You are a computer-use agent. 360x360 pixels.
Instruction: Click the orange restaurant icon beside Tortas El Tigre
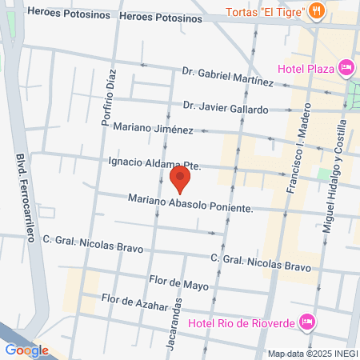pyautogui.click(x=318, y=10)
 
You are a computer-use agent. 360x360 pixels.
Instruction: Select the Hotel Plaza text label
pyautogui.click(x=305, y=68)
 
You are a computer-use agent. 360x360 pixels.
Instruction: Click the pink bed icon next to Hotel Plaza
pyautogui.click(x=346, y=67)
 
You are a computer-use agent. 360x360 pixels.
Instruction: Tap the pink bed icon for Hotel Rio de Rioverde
pyautogui.click(x=306, y=322)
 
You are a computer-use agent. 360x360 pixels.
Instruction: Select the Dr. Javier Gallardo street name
pyautogui.click(x=225, y=107)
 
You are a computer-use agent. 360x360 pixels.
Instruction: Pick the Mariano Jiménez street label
pyautogui.click(x=153, y=128)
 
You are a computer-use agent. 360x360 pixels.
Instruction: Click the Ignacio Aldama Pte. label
pyautogui.click(x=152, y=163)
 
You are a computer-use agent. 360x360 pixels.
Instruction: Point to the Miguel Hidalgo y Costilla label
pyautogui.click(x=334, y=176)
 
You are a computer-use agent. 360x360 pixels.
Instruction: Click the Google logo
pyautogui.click(x=26, y=350)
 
